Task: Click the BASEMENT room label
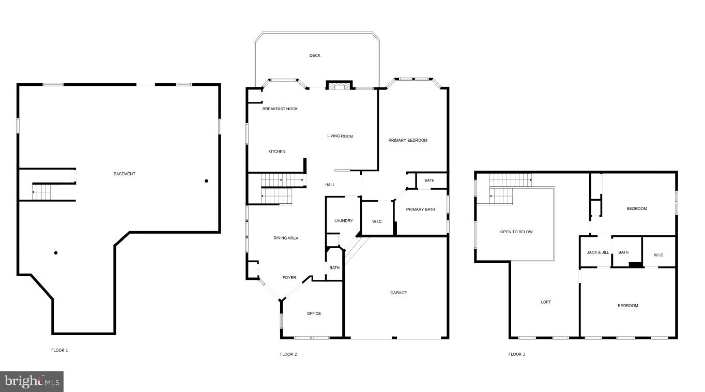coord(124,174)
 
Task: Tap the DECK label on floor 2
coord(315,55)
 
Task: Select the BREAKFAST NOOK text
coord(280,109)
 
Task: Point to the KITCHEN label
coord(277,152)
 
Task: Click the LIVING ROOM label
coord(340,136)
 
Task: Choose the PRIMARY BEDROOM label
coord(408,140)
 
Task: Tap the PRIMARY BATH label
coord(420,209)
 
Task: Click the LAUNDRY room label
coord(343,221)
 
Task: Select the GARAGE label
coord(398,293)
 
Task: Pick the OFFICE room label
coord(314,313)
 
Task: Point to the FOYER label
coord(289,278)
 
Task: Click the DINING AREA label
coord(286,238)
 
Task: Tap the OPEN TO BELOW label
coord(516,232)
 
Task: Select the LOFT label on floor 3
coord(545,302)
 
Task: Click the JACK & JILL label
coord(597,252)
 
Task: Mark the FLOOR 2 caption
coord(288,354)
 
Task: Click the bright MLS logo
coord(32,382)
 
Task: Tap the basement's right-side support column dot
coord(206,181)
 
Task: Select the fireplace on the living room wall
coord(339,86)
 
